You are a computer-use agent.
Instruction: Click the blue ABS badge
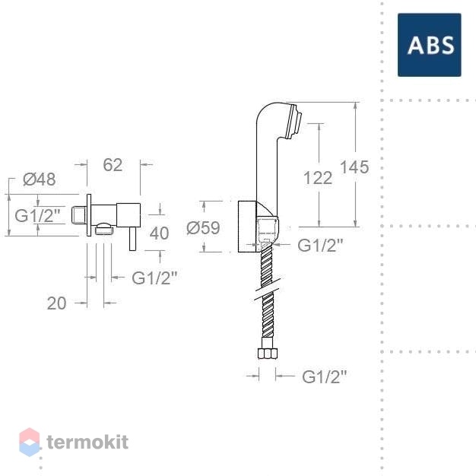tap(430, 45)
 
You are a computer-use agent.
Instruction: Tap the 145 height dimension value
tap(354, 167)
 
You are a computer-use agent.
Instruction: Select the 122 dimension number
tap(318, 178)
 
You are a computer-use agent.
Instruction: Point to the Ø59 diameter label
tap(203, 227)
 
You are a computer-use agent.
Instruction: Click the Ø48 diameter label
tap(40, 179)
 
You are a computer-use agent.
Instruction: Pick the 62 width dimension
tap(113, 165)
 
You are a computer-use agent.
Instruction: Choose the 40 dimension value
tap(160, 233)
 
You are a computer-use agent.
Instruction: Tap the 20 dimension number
tap(57, 303)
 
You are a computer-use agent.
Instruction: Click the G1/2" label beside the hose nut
tap(324, 376)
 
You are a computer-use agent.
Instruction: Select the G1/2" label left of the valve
tap(38, 216)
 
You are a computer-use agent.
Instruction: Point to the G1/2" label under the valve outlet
tap(154, 278)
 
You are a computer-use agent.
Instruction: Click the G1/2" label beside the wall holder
tap(320, 245)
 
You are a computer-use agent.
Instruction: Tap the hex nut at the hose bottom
tap(268, 354)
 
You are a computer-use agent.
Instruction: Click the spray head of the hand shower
tap(294, 122)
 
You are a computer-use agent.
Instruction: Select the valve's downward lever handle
tap(132, 239)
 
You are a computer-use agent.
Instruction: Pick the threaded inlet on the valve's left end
tap(79, 215)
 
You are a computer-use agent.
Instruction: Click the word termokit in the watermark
tap(87, 442)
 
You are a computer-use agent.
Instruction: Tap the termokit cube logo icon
tap(30, 442)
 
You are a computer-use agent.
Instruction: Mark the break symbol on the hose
tap(268, 288)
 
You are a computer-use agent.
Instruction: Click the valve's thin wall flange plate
tap(89, 215)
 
